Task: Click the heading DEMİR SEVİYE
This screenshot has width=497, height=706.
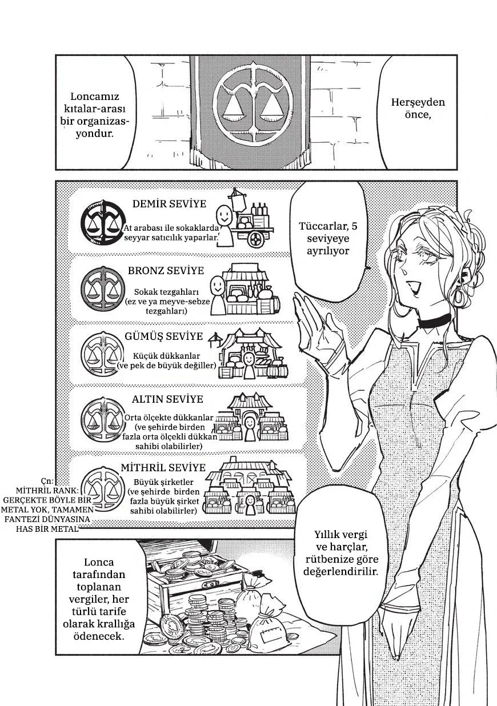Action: click(x=169, y=203)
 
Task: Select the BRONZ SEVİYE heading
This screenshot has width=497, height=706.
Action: click(x=166, y=271)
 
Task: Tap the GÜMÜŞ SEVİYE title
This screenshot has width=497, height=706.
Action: click(x=164, y=336)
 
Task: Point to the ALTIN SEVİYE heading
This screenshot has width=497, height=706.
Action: click(x=167, y=399)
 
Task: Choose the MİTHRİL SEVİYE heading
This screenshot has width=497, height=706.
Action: click(x=163, y=467)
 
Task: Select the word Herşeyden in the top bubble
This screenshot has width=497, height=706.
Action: click(x=418, y=102)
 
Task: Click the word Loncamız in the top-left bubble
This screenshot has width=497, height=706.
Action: click(x=95, y=97)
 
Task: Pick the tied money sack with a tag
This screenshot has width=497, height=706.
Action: click(x=267, y=623)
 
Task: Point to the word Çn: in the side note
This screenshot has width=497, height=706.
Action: click(x=47, y=480)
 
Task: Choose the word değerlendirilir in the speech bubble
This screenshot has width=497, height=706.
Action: click(x=340, y=571)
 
